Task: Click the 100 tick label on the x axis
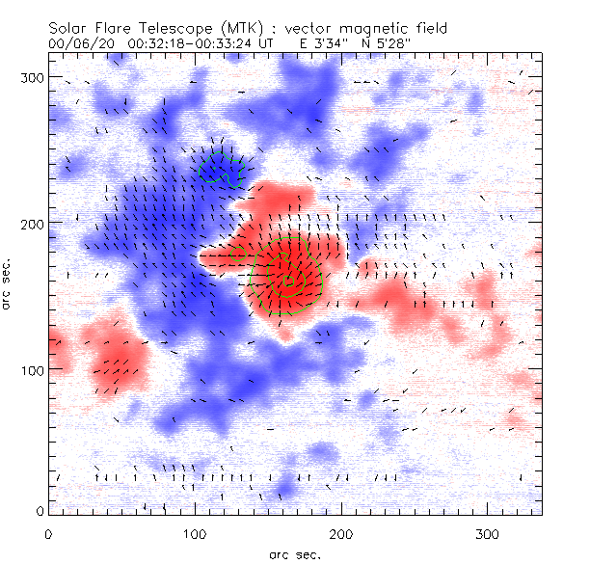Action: (195, 533)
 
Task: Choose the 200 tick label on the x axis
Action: (341, 533)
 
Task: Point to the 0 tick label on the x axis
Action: (48, 533)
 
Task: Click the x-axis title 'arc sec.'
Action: (294, 552)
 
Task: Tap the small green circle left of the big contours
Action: (240, 254)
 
